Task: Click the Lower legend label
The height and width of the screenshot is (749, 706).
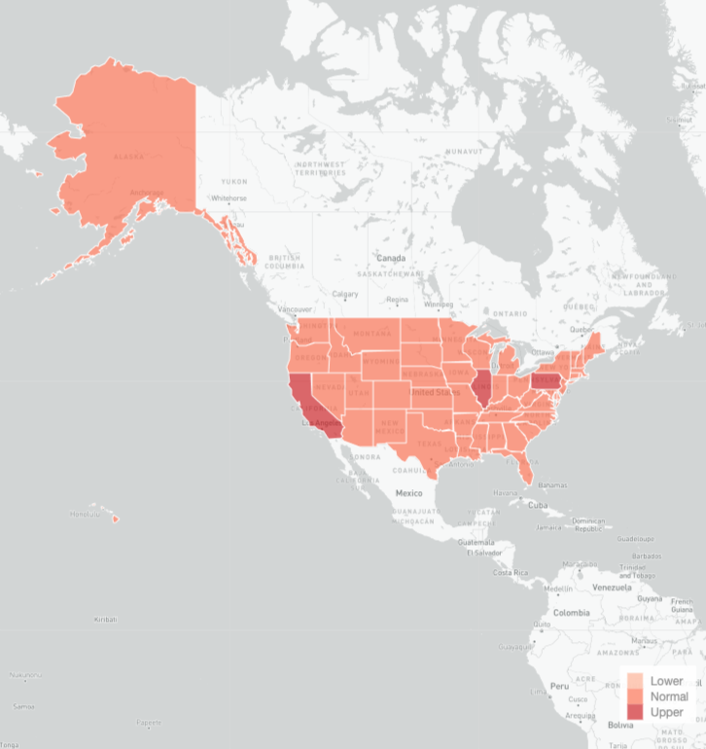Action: click(666, 681)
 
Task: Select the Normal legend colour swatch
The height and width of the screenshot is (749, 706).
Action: click(634, 696)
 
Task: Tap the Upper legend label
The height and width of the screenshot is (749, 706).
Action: click(666, 712)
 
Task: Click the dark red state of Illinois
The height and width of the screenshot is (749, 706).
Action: click(481, 389)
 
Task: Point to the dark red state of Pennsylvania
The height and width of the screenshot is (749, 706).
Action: click(547, 382)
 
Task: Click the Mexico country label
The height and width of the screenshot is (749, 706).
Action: click(408, 493)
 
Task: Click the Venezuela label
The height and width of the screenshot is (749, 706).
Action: click(613, 588)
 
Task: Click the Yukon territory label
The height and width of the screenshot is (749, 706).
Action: click(234, 182)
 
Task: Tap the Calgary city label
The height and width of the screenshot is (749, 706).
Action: click(345, 294)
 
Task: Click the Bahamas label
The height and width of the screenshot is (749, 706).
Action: click(552, 484)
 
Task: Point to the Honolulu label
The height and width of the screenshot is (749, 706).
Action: click(86, 515)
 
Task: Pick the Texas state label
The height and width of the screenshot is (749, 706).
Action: click(429, 444)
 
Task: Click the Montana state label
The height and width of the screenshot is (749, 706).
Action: click(371, 334)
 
